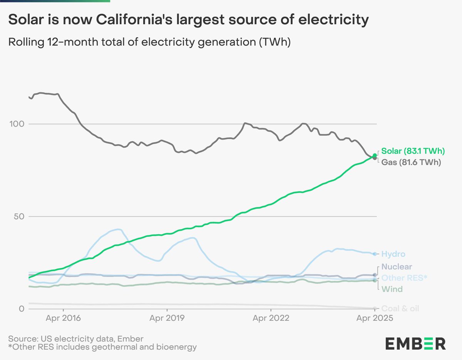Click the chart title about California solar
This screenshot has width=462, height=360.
[186, 20]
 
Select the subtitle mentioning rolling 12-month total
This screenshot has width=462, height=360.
[149, 42]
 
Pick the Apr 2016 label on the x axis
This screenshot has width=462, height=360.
[63, 318]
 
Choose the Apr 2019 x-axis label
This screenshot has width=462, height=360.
[167, 318]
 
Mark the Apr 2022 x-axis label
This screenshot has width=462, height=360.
[271, 318]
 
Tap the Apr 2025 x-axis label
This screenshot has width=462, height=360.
[375, 318]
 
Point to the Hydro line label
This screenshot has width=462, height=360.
[393, 254]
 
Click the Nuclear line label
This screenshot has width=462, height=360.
[397, 267]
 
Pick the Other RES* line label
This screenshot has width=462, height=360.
[404, 278]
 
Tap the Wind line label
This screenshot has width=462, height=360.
[392, 289]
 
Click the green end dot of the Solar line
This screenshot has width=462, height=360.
[375, 155]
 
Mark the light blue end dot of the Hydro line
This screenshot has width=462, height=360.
[375, 254]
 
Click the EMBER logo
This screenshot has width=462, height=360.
[415, 343]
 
